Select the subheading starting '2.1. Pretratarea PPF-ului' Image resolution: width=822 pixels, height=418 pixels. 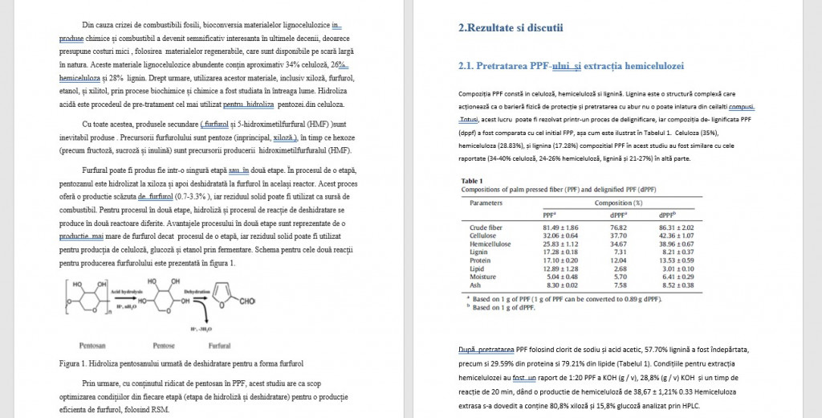click(x=570, y=65)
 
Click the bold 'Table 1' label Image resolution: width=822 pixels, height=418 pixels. click(x=471, y=181)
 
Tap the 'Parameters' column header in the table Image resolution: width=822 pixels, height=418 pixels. click(x=486, y=203)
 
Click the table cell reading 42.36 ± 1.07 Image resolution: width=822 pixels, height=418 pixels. click(x=677, y=236)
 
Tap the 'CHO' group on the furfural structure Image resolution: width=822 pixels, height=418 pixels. click(x=247, y=301)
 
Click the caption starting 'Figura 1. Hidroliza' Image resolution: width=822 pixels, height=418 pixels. click(x=181, y=363)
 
